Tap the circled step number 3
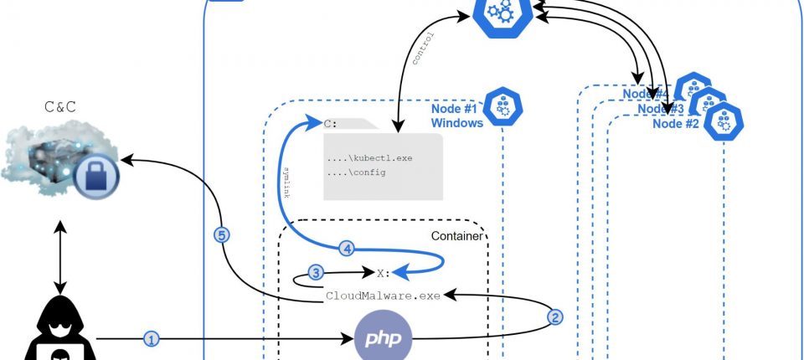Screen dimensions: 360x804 click(316, 272)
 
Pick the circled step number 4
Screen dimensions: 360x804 click(348, 248)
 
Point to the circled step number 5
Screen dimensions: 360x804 click(222, 235)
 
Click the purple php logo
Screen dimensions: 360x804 click(384, 338)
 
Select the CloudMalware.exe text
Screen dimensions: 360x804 click(384, 295)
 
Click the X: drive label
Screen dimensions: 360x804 click(384, 272)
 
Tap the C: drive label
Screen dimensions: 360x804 click(331, 124)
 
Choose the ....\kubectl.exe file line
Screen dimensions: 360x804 click(369, 157)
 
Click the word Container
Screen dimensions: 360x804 click(456, 236)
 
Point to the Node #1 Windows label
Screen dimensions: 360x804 click(456, 116)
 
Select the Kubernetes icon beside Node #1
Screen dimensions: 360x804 click(503, 105)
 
